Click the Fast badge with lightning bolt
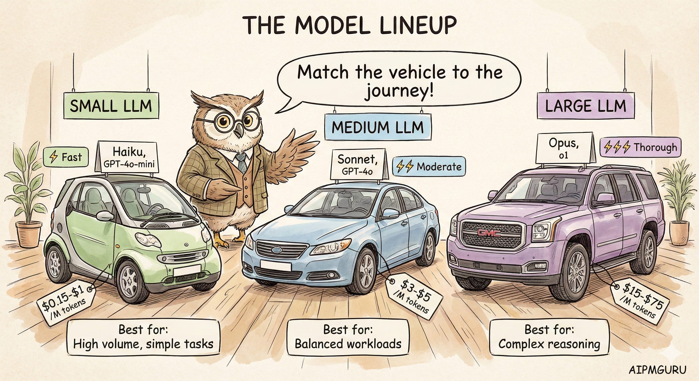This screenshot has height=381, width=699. (x=66, y=157)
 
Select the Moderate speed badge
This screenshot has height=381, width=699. (x=429, y=166)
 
